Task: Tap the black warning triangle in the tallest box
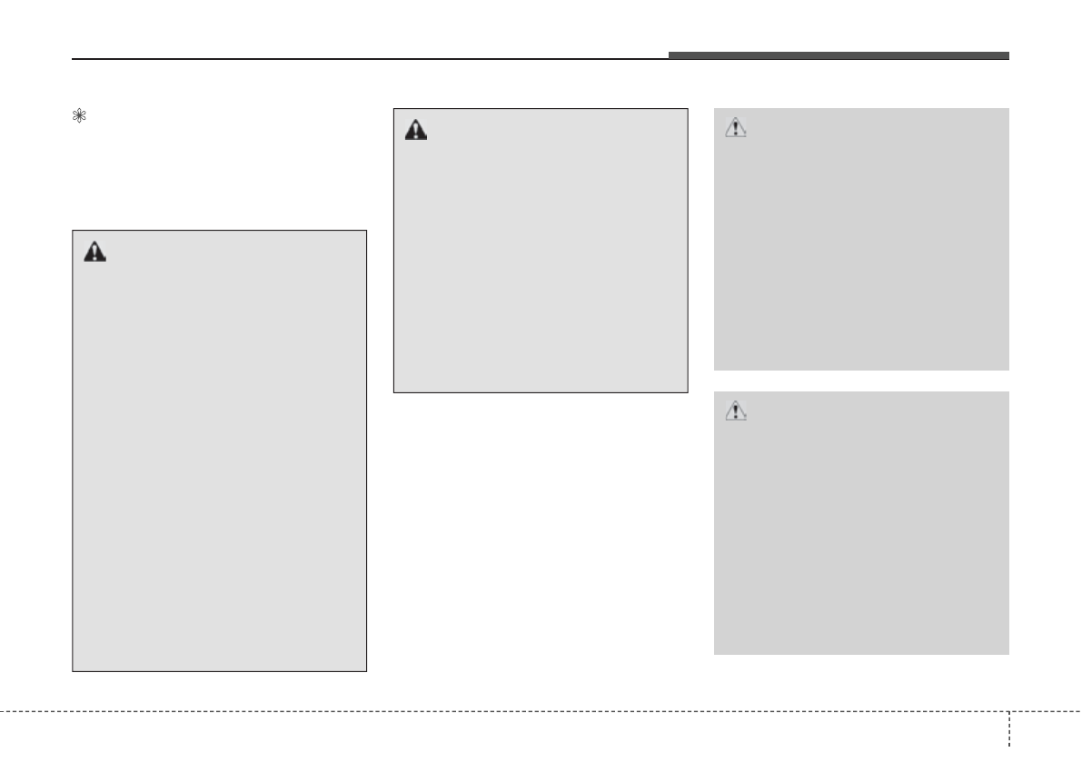tap(94, 252)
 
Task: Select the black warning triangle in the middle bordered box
tap(415, 131)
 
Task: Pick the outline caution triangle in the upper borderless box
tap(735, 128)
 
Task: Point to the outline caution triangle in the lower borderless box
tap(735, 411)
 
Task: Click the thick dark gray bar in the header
tap(839, 55)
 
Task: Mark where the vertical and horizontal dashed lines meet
tap(1008, 710)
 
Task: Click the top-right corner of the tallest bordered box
tap(366, 230)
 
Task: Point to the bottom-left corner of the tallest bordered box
tap(73, 671)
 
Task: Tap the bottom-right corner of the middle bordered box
tap(687, 392)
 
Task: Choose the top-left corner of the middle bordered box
tap(393, 109)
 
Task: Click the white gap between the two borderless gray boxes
tap(861, 381)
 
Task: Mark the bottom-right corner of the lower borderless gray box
tap(1008, 654)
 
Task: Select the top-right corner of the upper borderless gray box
tap(1008, 109)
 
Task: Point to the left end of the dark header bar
tap(670, 55)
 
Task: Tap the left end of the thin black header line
tap(73, 60)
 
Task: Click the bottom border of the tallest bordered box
tap(219, 671)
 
